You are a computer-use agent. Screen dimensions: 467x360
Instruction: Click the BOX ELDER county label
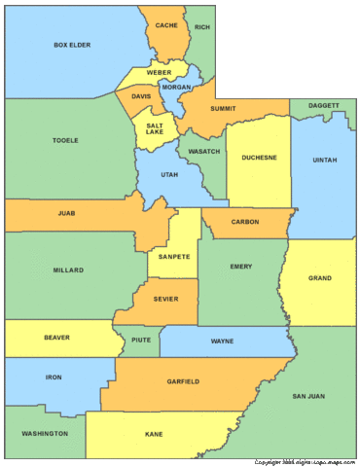(x=72, y=45)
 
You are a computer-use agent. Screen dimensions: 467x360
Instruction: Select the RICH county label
(x=201, y=27)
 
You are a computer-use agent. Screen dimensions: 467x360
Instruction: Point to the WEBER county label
(x=160, y=73)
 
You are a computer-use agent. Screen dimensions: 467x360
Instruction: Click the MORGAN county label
(x=176, y=88)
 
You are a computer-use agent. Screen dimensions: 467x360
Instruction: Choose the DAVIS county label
(x=141, y=97)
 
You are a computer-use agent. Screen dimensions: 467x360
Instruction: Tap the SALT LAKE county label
(x=155, y=130)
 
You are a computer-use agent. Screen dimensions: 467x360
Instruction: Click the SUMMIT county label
(x=223, y=109)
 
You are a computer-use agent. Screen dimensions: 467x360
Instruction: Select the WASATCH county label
(x=203, y=152)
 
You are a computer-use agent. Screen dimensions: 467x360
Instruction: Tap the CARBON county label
(x=245, y=223)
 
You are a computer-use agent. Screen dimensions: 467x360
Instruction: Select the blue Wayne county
(x=222, y=341)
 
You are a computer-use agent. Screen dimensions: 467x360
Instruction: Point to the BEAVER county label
(x=56, y=338)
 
